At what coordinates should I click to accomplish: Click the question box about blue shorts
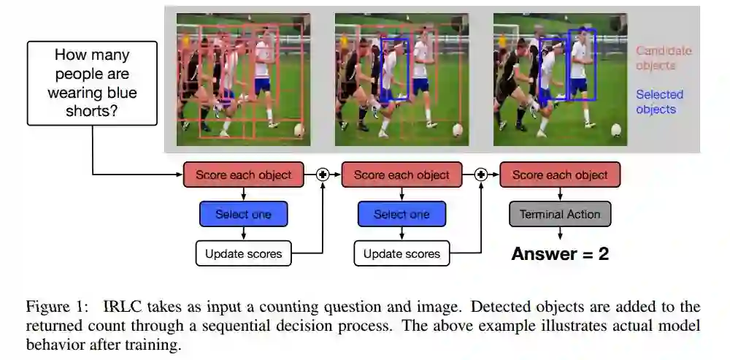(92, 83)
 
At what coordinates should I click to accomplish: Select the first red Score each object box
(243, 175)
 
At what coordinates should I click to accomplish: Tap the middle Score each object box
(401, 175)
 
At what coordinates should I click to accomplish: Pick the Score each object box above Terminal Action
(560, 175)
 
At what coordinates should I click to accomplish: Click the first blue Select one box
(243, 215)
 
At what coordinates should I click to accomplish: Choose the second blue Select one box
(401, 215)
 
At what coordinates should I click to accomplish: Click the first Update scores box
(243, 254)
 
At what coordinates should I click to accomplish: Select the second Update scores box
(401, 254)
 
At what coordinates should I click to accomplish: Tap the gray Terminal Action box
(560, 215)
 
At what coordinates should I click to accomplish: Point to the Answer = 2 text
(560, 254)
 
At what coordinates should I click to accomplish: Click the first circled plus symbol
(323, 175)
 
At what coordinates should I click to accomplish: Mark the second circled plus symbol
(481, 175)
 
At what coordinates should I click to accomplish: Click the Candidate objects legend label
(663, 58)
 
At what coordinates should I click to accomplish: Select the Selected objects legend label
(659, 102)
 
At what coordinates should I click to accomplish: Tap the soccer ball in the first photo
(299, 130)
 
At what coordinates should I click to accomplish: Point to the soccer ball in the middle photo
(458, 130)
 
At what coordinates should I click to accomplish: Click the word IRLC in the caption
(119, 306)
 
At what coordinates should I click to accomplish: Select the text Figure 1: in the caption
(58, 306)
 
